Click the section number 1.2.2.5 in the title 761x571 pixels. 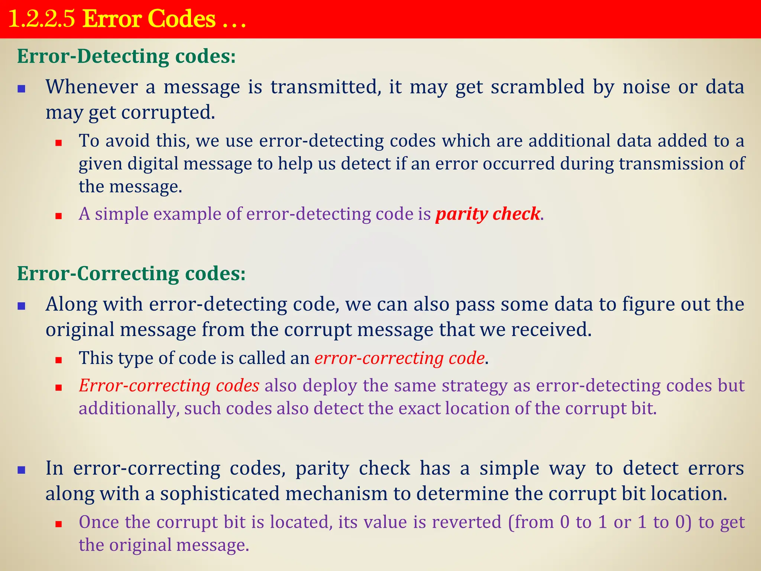pos(42,19)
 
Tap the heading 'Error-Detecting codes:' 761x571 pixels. pos(126,57)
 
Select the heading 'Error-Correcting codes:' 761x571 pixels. pos(131,274)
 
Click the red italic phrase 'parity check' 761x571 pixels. pos(488,214)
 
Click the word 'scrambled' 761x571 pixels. pos(538,87)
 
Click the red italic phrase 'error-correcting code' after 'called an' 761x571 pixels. pos(399,358)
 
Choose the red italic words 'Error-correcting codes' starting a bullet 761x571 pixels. pos(169,385)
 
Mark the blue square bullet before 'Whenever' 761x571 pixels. pos(22,89)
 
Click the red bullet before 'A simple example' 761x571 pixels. pos(58,216)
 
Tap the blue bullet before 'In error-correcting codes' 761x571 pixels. pos(22,470)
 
